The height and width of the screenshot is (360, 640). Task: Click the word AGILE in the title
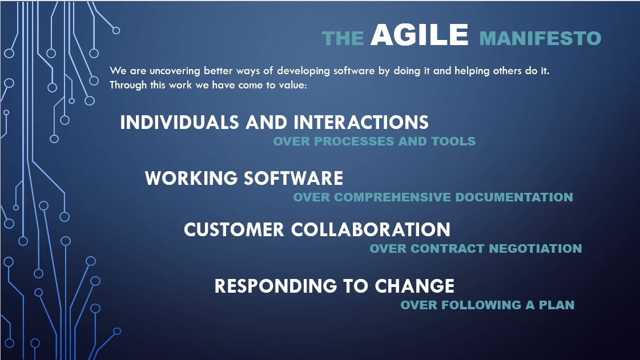(419, 34)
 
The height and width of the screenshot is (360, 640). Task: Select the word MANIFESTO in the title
(540, 38)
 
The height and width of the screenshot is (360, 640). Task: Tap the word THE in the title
(343, 38)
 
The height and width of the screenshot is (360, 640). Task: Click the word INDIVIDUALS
(180, 122)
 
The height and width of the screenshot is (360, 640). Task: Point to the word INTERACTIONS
(361, 122)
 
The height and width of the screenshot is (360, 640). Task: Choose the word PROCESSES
(354, 141)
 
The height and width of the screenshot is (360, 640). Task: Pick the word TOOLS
(453, 141)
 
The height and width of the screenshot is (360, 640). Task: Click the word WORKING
(191, 178)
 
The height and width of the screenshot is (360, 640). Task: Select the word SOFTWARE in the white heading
(293, 178)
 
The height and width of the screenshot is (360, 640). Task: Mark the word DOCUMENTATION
(514, 197)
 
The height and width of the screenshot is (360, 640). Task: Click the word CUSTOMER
(234, 229)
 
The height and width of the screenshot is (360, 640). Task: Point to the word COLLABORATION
(371, 229)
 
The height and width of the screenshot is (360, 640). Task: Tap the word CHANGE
(414, 286)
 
